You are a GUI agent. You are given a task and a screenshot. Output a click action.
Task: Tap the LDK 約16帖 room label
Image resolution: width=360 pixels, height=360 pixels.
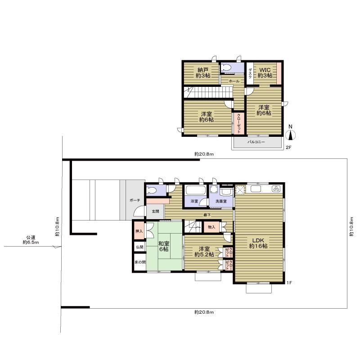pos(258,243)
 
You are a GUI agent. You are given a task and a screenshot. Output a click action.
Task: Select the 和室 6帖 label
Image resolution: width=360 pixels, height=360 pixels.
pos(164,246)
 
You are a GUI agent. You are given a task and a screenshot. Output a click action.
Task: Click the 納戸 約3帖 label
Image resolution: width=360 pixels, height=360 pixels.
pos(203,72)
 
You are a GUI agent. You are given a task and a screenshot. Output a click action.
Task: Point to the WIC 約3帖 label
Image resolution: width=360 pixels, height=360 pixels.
pos(265,72)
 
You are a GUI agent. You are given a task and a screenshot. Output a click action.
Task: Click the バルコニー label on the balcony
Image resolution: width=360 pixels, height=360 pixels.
pos(256,142)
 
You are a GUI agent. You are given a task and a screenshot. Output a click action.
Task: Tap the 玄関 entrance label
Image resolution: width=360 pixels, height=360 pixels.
pos(155,211)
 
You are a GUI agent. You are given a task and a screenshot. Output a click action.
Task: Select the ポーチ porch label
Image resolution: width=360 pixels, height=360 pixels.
pos(135,200)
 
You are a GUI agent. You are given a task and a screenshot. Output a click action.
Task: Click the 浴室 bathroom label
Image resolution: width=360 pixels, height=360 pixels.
pos(194,201)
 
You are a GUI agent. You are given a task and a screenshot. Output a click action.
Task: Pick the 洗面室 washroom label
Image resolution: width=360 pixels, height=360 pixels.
pos(221,201)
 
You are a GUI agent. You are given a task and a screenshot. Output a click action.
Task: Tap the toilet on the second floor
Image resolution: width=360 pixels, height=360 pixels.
pos(226,68)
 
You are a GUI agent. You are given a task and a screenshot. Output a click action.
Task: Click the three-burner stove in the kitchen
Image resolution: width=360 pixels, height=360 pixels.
pos(276,189)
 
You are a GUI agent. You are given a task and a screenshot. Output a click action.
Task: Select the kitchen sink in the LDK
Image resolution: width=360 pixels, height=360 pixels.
pos(256,189)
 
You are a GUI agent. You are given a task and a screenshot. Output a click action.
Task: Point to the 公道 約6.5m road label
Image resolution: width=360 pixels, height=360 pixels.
pos(31,240)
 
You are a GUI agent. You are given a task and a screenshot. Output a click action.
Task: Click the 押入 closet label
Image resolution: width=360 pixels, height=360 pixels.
pos(139,231)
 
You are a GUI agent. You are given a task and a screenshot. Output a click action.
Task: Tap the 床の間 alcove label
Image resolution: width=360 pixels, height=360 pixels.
pos(140,262)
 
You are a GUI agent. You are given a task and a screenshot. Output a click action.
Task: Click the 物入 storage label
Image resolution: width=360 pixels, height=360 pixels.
pos(211,227)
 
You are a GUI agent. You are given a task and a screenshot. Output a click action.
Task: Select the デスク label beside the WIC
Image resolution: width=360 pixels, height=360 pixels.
pos(250,73)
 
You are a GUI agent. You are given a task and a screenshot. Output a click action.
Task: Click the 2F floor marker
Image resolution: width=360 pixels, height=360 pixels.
pos(288,148)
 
